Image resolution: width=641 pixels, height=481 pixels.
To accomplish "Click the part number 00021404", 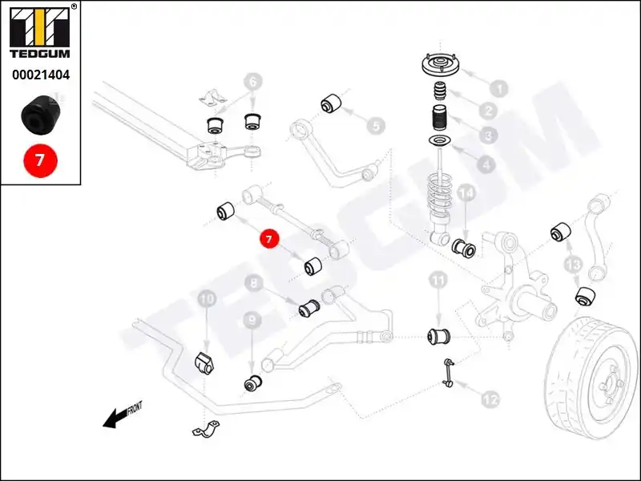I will point(40,76).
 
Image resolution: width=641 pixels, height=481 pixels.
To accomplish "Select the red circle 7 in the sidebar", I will point(40,160).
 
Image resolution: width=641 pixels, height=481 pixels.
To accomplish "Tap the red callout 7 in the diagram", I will point(269,238).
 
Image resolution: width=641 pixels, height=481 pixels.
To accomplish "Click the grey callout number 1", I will point(498,89).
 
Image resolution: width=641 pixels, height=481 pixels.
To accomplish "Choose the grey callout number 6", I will point(252,82).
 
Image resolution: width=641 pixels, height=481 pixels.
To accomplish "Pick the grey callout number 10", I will point(207,300).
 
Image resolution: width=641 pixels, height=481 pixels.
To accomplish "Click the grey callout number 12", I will point(490,397).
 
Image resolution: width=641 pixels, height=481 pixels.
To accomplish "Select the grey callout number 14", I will point(466,194).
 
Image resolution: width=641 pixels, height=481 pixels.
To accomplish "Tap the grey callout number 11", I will point(437,281).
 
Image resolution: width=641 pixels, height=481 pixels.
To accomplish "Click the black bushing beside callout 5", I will point(331,103).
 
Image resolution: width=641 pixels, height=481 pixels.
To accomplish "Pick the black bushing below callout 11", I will point(438,333).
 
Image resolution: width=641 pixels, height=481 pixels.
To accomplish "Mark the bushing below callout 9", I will point(252,383).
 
